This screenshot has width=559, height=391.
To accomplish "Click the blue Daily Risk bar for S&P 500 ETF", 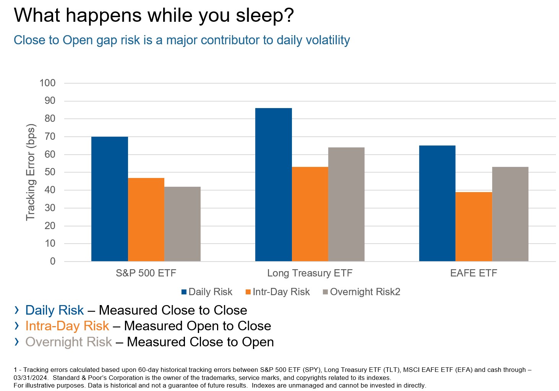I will [x=110, y=199].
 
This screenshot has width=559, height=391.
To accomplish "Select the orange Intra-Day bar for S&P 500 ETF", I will [x=146, y=220].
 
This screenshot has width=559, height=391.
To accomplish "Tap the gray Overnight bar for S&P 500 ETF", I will [x=182, y=224].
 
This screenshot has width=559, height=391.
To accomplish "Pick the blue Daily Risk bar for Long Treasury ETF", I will [x=273, y=185].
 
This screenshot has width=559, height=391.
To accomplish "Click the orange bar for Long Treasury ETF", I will [x=310, y=214].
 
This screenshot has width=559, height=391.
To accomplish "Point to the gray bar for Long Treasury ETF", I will [x=346, y=204].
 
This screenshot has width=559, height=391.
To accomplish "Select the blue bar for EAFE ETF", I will [x=437, y=204].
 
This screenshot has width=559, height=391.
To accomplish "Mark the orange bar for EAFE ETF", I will [x=473, y=227].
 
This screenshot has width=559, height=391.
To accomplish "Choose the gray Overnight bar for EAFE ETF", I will [x=510, y=214].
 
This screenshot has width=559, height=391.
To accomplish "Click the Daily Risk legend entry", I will [x=207, y=292].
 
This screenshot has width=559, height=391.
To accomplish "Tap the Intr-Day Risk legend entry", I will [x=277, y=292].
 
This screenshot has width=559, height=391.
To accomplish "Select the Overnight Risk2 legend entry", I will [x=361, y=292].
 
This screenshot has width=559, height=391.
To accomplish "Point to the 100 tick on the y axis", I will [x=47, y=83].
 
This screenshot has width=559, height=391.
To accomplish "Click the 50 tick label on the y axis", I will [x=50, y=172].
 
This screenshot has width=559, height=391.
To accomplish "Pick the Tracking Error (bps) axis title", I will [x=31, y=172].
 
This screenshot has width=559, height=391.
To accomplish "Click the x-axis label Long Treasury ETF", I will [x=309, y=273].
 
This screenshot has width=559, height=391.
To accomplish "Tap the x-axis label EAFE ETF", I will [x=473, y=273].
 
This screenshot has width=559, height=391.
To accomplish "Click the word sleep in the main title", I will [x=260, y=16].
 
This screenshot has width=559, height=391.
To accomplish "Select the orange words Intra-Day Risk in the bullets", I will [x=67, y=326].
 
